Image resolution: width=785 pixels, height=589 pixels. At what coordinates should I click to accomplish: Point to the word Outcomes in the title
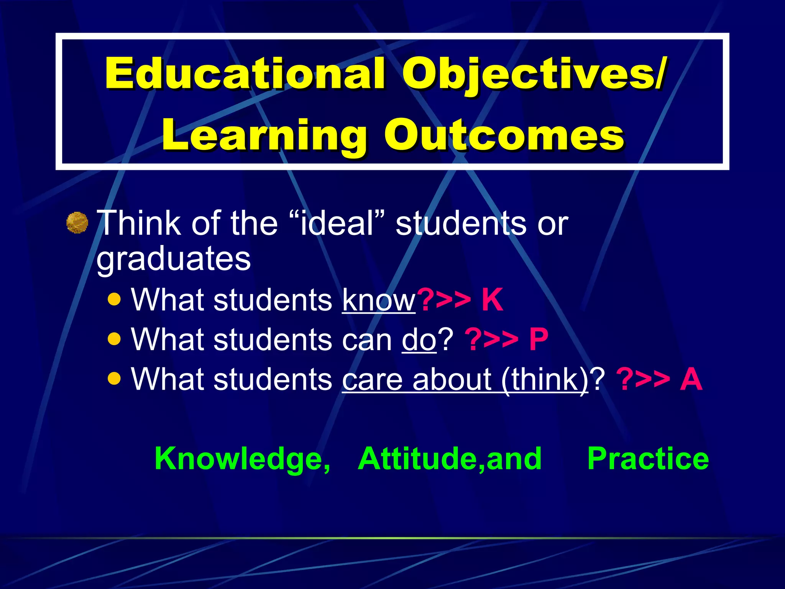(x=504, y=135)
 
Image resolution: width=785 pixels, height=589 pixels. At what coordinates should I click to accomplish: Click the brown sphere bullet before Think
(x=77, y=222)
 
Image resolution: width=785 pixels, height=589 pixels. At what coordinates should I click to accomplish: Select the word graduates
(x=173, y=259)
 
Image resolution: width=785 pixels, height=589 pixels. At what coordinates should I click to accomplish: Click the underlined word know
(x=379, y=300)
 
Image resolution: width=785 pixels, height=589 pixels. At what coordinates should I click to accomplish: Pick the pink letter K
(x=492, y=299)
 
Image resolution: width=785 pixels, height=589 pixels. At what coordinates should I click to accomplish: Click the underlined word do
(x=419, y=340)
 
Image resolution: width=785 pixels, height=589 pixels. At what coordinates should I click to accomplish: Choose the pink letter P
(x=539, y=339)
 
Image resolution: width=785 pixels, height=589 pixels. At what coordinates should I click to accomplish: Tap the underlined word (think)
(x=545, y=379)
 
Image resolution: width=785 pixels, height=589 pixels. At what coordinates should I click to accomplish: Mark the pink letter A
(x=691, y=379)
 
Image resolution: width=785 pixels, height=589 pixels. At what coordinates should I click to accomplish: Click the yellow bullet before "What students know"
(x=114, y=299)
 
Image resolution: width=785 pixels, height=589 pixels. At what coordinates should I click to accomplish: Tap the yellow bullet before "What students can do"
(x=114, y=339)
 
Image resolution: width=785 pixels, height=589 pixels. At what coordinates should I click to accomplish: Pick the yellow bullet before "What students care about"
(x=114, y=379)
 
